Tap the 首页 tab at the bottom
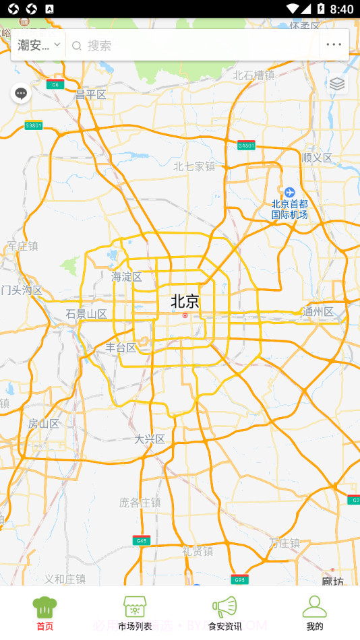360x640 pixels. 44,613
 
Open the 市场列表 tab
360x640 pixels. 135,613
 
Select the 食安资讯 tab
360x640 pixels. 224,613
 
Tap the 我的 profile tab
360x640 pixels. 314,613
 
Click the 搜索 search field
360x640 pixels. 196,45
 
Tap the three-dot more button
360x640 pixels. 334,45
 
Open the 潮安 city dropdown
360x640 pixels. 39,45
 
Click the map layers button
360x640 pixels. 337,84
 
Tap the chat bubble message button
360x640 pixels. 21,93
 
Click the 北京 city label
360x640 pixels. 185,301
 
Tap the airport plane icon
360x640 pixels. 289,193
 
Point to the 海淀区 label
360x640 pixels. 127,277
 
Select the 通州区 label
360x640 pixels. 318,312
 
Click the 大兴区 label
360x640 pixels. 150,439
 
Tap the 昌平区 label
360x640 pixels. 91,95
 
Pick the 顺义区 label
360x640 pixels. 318,158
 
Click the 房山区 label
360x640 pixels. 44,424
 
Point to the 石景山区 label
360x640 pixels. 87,314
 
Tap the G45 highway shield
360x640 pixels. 141,540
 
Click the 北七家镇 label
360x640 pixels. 194,166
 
